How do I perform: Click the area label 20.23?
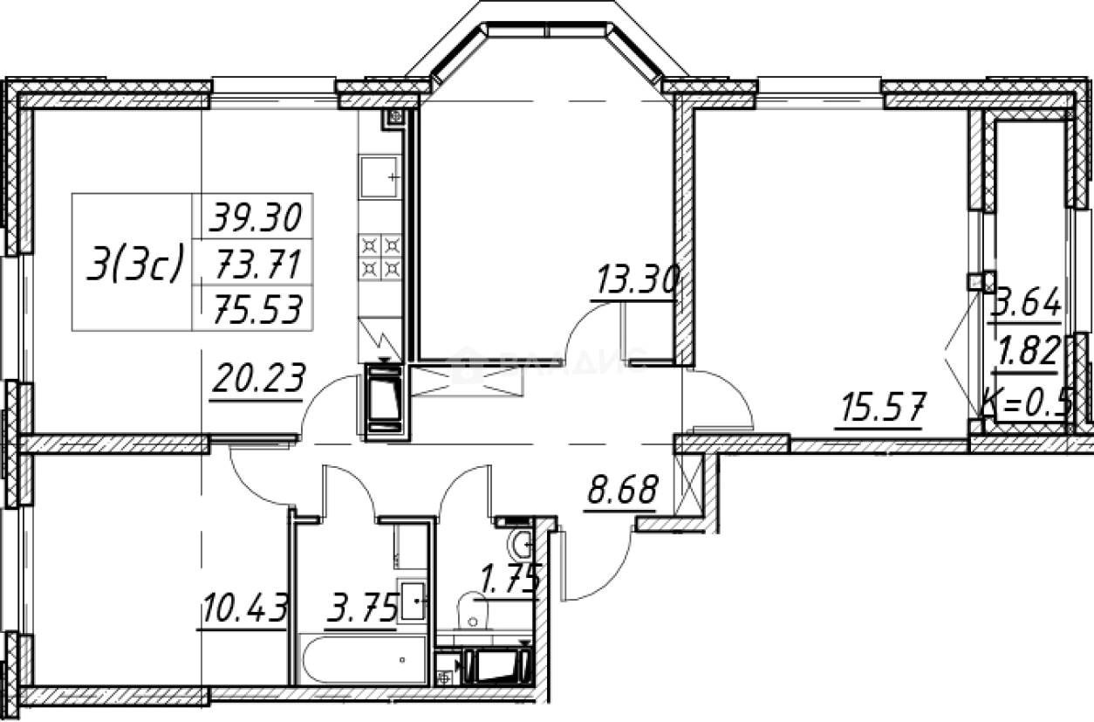257,379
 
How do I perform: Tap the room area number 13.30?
636,281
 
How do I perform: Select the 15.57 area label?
879,409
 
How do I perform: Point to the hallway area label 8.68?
620,491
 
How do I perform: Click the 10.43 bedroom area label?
243,608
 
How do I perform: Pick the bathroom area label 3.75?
361,605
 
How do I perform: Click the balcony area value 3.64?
1028,305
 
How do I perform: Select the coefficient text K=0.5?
1026,403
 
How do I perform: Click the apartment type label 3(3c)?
135,264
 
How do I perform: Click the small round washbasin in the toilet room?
523,545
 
